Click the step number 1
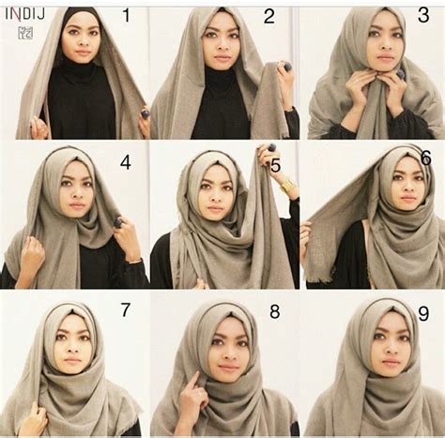point(127,16)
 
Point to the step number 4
point(124,161)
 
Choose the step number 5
point(275,166)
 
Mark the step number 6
point(425,157)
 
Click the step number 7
point(124,310)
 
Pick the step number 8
point(274,310)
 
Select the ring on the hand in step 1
point(146,113)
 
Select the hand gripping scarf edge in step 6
point(305,234)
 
